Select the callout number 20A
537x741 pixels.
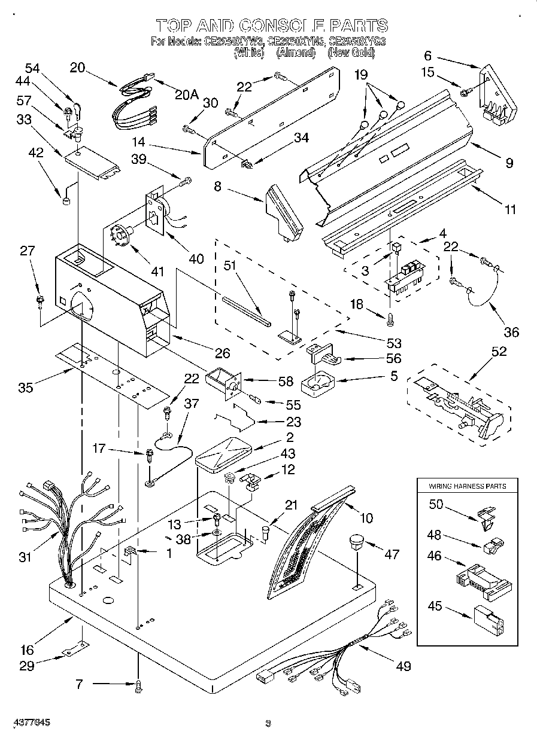[186, 94]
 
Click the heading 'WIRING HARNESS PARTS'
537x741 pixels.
[467, 486]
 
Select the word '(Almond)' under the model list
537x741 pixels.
[296, 53]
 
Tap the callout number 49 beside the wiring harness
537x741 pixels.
[403, 666]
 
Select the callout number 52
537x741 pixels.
[498, 352]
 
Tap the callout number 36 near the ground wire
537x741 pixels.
[511, 333]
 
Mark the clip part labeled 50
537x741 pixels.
[487, 514]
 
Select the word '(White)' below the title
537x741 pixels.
[248, 53]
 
